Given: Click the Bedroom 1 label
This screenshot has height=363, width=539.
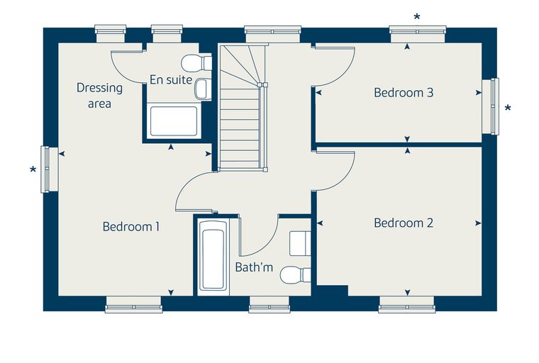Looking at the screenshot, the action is pos(131,227).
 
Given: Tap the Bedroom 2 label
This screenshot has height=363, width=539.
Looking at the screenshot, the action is pos(404,223).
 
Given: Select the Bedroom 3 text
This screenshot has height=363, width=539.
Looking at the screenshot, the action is pos(404,92).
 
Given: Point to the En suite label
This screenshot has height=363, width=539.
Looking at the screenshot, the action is pos(171,79).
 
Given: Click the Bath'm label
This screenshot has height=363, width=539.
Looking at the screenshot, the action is pos(254,267).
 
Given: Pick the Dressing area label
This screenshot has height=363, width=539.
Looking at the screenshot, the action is pos(99,95).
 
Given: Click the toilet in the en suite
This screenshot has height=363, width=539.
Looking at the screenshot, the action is pos(196,62).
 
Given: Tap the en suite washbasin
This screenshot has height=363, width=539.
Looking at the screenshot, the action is pos(203,89).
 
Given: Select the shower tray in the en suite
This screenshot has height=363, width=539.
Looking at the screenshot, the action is pos(174,121).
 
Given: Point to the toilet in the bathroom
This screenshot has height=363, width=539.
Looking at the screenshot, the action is pos(295,275).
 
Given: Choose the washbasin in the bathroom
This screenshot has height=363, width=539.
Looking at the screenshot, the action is pos(300,243).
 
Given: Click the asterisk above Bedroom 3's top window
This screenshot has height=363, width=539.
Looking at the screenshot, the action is pos(417,17).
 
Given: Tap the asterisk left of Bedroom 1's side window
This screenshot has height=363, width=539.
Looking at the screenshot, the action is pos(33,169).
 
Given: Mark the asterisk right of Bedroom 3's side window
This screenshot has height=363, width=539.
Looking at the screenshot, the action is pos(508,108).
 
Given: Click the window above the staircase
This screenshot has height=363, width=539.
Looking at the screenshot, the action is pos(273,34).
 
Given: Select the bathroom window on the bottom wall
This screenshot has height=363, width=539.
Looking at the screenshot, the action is pos(269,304).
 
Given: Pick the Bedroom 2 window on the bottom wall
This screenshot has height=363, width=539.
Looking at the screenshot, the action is pos(407,304).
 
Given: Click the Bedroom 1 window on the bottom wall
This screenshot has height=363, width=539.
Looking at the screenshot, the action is pos(133,304).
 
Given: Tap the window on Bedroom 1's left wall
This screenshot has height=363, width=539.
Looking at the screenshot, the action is pos(50,169).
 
